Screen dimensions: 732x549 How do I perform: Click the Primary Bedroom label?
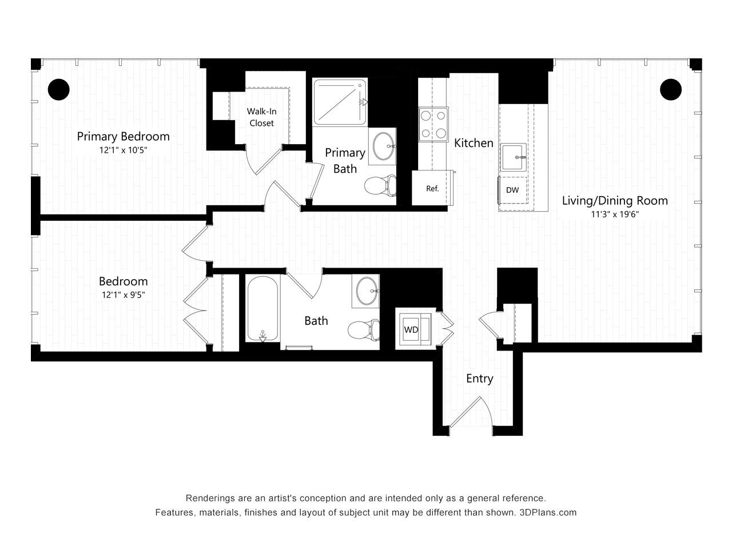[123, 136]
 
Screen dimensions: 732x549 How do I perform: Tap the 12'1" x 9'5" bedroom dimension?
[124, 295]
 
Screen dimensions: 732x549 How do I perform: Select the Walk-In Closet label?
[261, 117]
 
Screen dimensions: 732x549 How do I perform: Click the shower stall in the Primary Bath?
[340, 102]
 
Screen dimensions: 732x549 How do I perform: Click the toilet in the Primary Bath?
[380, 186]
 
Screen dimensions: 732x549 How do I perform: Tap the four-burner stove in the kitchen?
[433, 124]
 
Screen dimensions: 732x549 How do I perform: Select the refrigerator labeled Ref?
[432, 188]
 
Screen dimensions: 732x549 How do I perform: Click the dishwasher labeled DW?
[512, 190]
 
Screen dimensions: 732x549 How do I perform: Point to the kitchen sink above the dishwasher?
[513, 157]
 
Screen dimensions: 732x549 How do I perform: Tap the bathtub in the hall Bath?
[262, 309]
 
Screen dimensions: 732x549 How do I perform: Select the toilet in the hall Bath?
[364, 329]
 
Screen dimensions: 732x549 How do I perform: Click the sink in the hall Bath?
[367, 291]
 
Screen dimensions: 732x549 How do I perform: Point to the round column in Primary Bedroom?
[59, 89]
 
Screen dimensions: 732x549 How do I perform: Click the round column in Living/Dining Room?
[671, 89]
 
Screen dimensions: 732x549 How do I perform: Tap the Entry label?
[479, 379]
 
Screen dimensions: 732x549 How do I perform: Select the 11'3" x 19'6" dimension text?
[615, 214]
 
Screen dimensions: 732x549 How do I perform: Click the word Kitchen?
[474, 143]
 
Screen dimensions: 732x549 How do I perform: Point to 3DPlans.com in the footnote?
[548, 512]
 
